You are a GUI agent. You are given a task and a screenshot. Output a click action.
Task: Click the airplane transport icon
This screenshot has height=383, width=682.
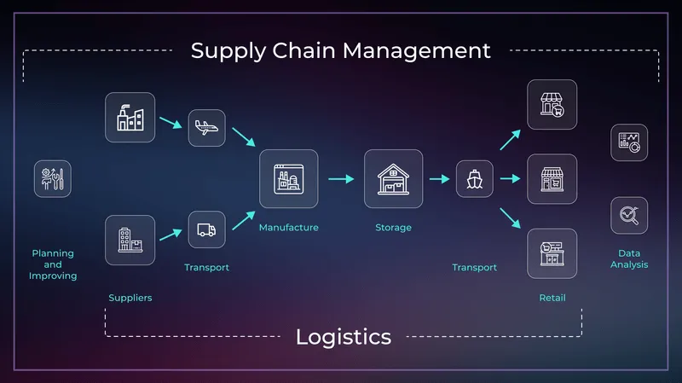[206, 128]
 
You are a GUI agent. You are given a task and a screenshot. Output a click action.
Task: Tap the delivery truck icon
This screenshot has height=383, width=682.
[206, 229]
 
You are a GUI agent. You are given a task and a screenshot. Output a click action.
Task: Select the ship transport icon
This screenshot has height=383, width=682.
[474, 179]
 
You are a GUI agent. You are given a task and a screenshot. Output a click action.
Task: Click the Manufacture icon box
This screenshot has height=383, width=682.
[288, 179]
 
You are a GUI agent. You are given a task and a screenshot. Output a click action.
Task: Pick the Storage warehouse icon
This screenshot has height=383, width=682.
[393, 179]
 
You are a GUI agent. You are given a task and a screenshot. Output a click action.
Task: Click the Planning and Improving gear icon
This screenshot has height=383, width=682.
[53, 179]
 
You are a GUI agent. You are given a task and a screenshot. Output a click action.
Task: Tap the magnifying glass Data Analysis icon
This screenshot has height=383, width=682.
[629, 215]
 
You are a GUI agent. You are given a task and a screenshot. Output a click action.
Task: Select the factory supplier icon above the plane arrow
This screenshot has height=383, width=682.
[130, 117]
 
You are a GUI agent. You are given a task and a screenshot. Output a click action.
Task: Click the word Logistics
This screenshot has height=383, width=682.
[344, 336]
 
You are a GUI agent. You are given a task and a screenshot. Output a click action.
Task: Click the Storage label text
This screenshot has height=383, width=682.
[393, 228]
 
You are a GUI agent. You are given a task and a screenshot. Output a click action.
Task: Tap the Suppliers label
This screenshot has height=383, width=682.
[130, 298]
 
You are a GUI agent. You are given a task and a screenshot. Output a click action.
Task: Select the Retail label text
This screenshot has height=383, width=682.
[552, 298]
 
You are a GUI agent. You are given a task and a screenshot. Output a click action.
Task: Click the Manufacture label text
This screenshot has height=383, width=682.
[288, 228]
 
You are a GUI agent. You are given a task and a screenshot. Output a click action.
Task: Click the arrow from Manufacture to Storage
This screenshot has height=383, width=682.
[341, 179]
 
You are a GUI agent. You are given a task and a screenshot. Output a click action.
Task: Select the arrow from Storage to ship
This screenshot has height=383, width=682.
[439, 179]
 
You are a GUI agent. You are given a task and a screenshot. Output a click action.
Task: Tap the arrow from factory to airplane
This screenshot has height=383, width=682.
[170, 123]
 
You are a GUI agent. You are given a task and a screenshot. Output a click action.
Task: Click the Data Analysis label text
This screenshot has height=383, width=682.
[629, 258]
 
